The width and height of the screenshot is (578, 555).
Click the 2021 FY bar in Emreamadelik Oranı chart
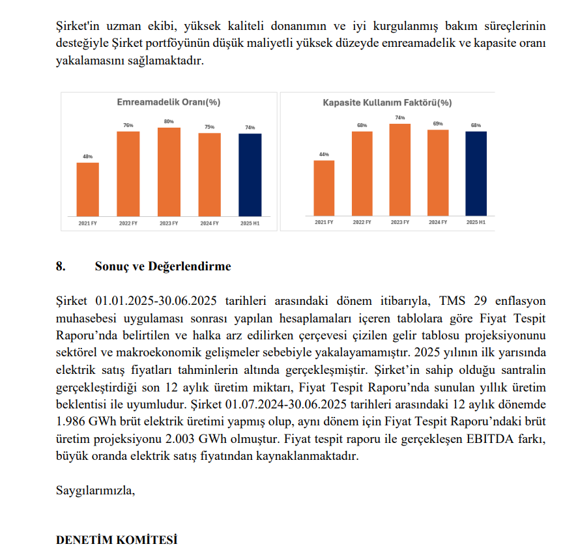point(88,189)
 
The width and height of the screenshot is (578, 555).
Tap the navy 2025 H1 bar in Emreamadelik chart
point(250,174)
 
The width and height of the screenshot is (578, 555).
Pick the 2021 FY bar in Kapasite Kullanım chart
point(324,188)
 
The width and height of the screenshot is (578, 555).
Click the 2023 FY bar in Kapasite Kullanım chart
point(400,169)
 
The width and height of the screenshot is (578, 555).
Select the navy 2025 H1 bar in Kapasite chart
point(476,173)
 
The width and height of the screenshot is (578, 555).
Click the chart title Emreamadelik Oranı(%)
point(168,102)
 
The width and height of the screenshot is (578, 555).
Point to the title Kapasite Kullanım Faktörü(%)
point(387,102)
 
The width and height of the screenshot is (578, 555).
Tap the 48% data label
point(88,156)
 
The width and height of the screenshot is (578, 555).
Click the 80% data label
point(169,122)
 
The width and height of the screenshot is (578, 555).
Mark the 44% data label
point(324,154)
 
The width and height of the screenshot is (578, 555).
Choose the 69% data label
point(438,124)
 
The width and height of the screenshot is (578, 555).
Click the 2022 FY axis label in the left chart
point(128,223)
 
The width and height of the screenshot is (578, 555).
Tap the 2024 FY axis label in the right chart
point(438,222)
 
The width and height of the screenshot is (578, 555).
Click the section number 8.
point(61,266)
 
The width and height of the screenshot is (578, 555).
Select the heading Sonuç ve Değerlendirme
point(162,266)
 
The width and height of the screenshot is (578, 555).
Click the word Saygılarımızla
point(95,490)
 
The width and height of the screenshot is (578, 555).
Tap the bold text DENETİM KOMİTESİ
point(117,540)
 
